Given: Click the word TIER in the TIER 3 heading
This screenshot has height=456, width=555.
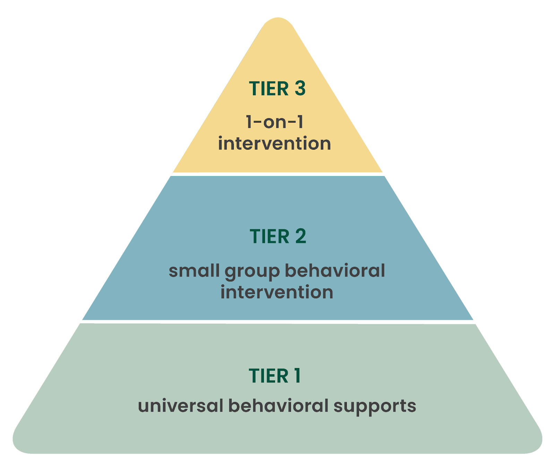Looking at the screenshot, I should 268,89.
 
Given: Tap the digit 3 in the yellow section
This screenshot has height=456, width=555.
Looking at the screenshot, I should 300,89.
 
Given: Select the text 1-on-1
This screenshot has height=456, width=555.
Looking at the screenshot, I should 274,122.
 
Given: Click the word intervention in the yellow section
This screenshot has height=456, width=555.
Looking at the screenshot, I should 274,143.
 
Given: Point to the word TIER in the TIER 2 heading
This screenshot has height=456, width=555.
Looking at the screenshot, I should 269,237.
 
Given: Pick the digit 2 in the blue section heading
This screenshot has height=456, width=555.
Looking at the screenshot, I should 301,237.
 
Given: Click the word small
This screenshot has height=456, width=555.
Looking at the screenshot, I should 194,271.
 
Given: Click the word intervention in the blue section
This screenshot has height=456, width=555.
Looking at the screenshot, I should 277,292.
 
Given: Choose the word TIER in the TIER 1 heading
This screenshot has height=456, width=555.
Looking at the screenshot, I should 268,376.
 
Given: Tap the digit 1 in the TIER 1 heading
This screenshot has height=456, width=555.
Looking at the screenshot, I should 297,376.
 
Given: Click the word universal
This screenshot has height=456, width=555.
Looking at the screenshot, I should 180,406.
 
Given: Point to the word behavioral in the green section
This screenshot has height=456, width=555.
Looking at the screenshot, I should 278,406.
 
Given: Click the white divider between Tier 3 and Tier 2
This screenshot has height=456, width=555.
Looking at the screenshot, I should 277,174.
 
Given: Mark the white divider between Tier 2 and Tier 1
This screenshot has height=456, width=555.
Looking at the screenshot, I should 277,322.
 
